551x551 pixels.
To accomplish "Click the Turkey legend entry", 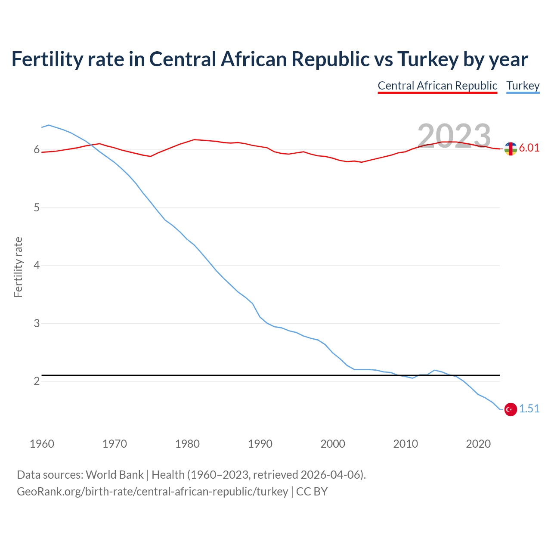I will pos(523,86).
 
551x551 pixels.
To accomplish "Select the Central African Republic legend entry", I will pos(437,86).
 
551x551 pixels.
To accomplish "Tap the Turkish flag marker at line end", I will pos(511,409).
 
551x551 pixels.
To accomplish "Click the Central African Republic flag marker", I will pos(511,149).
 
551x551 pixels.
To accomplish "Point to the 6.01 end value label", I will pos(529,148).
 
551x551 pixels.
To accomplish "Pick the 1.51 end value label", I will pos(529,409).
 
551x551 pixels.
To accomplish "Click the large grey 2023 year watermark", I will pos(454,136).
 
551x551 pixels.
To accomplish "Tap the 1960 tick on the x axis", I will pos(42,444).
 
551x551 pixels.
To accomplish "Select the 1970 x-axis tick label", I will pos(115,444).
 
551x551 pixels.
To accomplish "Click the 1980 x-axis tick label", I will pos(187,444).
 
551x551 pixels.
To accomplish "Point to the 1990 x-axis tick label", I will pos(260,444).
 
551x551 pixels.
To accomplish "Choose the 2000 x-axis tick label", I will pos(333,444).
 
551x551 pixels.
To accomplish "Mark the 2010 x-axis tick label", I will pos(406,444).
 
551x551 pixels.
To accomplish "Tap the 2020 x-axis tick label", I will pos(478,444).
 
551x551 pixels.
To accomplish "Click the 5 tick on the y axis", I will pos(37,208).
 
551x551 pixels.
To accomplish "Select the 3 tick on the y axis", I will pos(37,323).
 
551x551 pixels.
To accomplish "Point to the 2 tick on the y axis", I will pos(37,381).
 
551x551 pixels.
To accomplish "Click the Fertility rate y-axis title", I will pos(18,267).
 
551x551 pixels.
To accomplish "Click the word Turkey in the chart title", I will pos(427,59).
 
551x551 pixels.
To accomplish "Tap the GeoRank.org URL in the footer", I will pos(152,492).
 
